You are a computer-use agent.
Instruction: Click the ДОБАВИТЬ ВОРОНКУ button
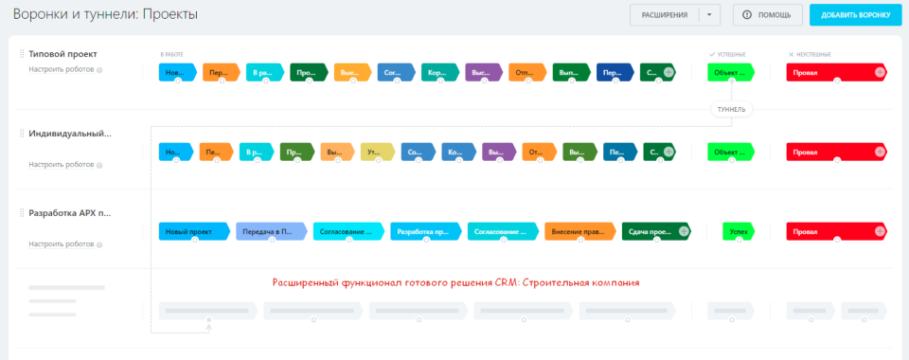[849, 15]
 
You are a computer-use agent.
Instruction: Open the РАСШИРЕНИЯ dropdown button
[665, 15]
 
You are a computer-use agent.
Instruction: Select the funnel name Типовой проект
[62, 54]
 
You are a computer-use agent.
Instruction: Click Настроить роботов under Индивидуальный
[62, 165]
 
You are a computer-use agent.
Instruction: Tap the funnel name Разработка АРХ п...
[71, 213]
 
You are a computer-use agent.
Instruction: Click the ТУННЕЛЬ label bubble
[732, 109]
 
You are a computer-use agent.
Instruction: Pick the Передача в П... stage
[271, 231]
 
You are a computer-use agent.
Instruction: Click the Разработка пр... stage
[425, 231]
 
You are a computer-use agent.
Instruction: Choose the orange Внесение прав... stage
[579, 231]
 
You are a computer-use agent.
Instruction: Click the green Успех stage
[738, 231]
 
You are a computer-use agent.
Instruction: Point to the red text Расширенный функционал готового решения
[455, 282]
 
